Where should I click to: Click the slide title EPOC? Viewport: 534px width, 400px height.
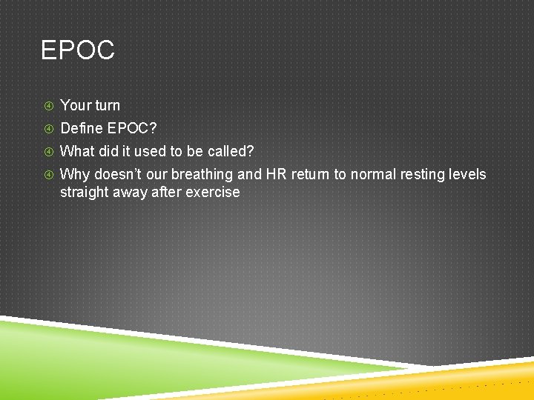[x=78, y=50]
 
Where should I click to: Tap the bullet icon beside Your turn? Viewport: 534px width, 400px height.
[x=47, y=106]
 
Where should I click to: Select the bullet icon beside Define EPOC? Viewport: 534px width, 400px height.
[x=47, y=129]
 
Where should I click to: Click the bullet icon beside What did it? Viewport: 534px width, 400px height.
[x=47, y=152]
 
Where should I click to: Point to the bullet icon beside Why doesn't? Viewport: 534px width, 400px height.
[x=47, y=176]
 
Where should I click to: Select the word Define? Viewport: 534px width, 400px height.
[x=81, y=128]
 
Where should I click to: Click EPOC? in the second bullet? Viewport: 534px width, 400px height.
[x=131, y=128]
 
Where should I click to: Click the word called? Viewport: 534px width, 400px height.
[x=231, y=151]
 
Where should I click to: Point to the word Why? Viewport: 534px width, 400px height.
[x=73, y=175]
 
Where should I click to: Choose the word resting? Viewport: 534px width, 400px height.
[x=429, y=175]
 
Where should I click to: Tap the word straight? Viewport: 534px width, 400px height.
[x=84, y=192]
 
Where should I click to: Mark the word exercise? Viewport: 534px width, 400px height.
[x=214, y=192]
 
